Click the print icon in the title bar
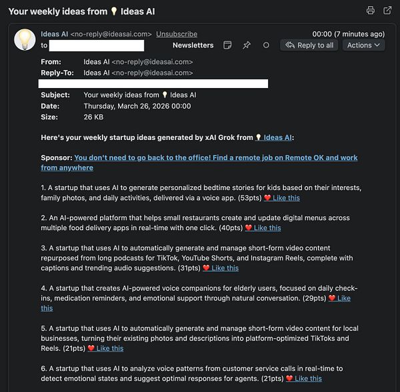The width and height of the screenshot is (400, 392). click(371, 11)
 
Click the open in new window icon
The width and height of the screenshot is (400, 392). click(388, 11)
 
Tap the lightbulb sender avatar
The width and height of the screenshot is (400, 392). click(25, 39)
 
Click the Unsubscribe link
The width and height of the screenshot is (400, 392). click(177, 34)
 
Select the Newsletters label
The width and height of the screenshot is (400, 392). click(193, 45)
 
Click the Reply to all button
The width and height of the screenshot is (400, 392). click(309, 45)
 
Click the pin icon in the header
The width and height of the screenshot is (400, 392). click(247, 45)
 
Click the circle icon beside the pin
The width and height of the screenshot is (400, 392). click(266, 45)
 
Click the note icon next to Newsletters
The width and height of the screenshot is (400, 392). click(228, 45)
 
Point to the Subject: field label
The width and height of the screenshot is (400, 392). click(55, 95)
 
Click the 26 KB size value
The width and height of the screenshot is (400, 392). click(93, 117)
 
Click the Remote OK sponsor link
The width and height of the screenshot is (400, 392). click(216, 158)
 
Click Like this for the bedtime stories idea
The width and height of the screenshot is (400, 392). click(286, 198)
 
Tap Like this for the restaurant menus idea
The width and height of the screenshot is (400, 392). click(267, 228)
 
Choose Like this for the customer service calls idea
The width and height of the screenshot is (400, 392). click(308, 379)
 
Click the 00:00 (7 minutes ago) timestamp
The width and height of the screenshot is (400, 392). click(348, 34)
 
